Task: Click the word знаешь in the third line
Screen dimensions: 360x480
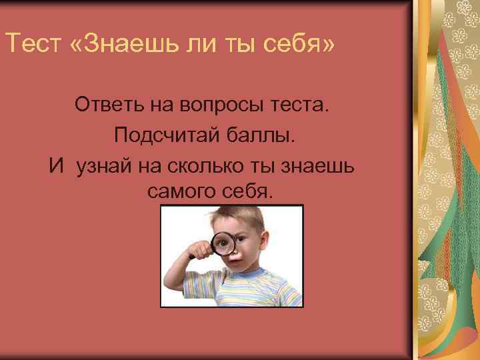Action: (x=327, y=164)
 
